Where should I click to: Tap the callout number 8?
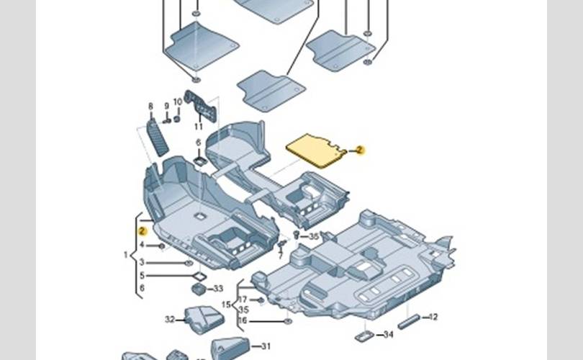150,107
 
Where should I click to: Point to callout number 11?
199,127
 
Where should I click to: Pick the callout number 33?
219,289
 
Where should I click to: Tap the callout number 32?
170,318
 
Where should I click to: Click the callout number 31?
266,346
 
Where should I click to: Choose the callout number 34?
389,335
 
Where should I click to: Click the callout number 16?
243,320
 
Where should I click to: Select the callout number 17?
243,299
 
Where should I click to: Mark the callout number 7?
280,256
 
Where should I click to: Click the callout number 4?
142,246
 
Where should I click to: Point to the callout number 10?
178,102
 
